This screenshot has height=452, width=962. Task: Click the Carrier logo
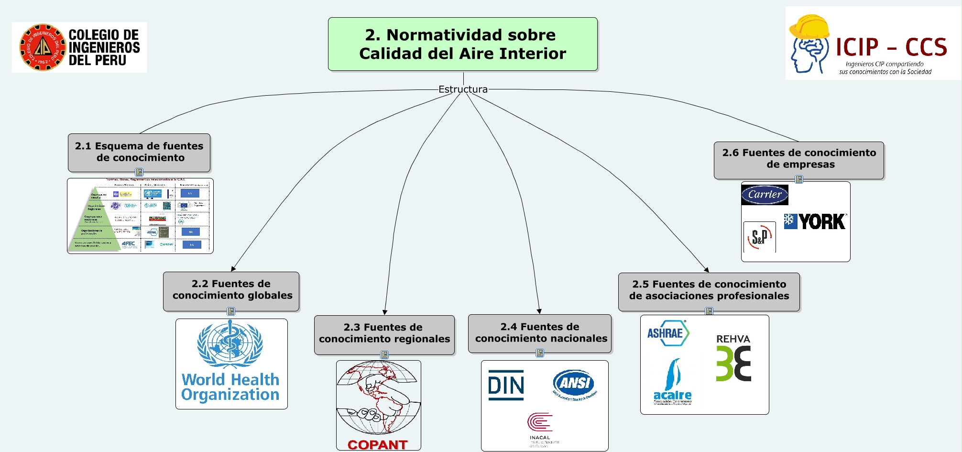pos(765,195)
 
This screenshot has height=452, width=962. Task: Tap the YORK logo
pos(815,221)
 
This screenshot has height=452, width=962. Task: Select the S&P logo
pos(759,237)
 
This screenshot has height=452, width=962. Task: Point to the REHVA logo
pos(733,358)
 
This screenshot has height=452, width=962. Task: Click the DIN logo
pos(506,385)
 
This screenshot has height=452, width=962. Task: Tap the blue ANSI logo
pos(575,384)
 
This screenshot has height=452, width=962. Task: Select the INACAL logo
pos(540,428)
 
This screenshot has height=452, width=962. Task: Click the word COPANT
pos(378,445)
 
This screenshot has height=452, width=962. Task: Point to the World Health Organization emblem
pos(230,344)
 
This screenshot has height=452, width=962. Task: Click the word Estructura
pos(463,89)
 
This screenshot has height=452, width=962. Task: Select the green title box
pos(463,44)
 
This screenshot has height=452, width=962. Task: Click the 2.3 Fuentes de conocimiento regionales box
pos(384,334)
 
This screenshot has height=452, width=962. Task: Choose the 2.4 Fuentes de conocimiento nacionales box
pos(540,333)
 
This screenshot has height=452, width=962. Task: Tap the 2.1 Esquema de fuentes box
pos(139,152)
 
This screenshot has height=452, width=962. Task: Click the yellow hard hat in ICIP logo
pos(809,27)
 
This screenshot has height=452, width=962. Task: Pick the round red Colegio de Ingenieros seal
pos(43,47)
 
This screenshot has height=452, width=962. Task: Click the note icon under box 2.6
pos(799,179)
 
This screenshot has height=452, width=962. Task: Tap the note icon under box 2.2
pos(231,311)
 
